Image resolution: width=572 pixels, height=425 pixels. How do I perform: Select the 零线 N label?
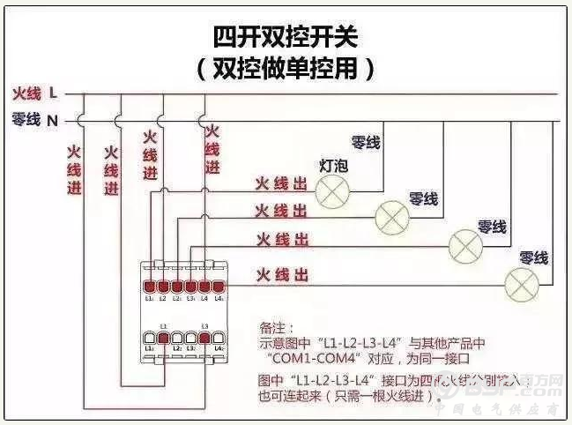pos(35,119)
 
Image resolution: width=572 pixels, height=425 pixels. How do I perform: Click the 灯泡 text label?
pos(332,165)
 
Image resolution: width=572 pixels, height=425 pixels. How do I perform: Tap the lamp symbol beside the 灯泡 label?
pos(332,188)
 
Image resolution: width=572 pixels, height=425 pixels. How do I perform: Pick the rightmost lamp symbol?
pos(520,283)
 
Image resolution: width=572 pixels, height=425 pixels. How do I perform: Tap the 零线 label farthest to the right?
pos(533,257)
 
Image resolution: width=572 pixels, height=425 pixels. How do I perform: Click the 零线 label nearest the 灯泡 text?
pos(365,142)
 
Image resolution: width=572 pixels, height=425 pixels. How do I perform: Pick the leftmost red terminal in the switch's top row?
pos(151,287)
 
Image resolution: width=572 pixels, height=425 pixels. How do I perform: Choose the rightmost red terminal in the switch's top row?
pos(218,287)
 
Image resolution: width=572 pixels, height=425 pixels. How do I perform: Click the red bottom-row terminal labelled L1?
pos(164,338)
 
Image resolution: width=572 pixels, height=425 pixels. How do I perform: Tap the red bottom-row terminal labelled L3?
pos(204,338)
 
